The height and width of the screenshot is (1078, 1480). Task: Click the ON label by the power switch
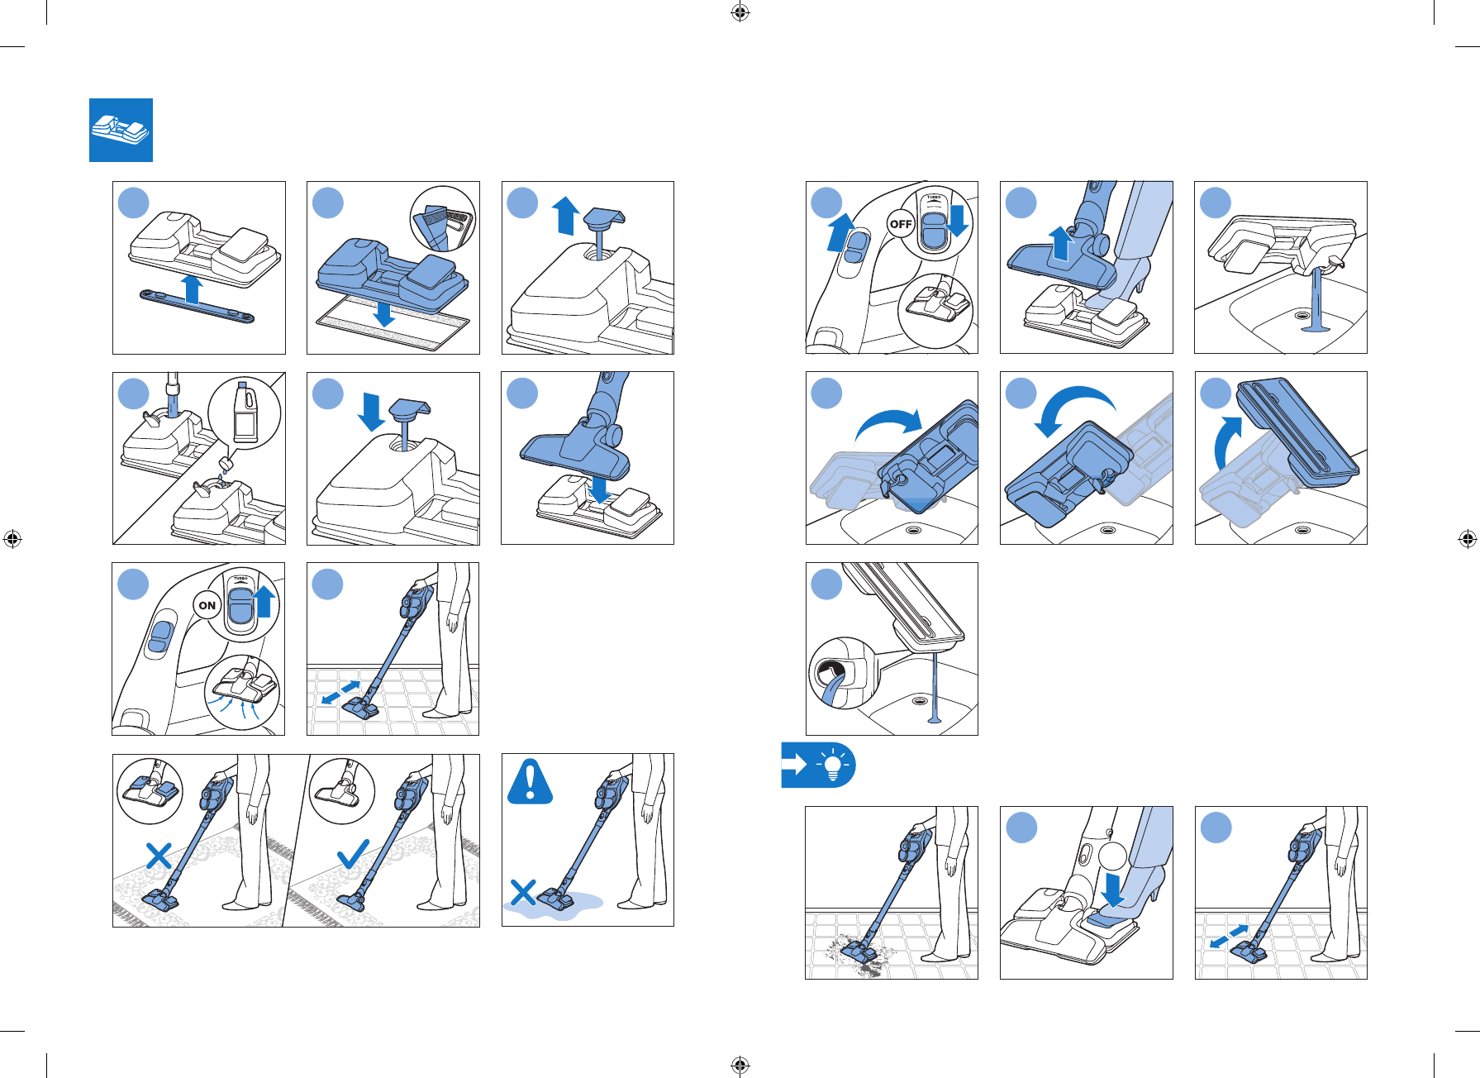(207, 605)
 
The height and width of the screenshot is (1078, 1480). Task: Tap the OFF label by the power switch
(900, 224)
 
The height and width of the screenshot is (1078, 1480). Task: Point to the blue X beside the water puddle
(524, 893)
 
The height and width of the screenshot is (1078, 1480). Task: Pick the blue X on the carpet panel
(159, 856)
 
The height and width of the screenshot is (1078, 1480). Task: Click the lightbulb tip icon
(834, 765)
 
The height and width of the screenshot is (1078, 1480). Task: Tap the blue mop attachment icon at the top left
(121, 130)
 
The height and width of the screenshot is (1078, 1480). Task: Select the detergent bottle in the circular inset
(245, 413)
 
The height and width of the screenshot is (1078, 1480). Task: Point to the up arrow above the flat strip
(193, 289)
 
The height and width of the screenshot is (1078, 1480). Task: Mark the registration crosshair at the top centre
(740, 12)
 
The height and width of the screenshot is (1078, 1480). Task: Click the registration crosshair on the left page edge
(12, 540)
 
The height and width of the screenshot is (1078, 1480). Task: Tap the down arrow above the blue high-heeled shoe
(1113, 889)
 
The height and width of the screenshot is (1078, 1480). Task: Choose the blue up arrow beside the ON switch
(264, 601)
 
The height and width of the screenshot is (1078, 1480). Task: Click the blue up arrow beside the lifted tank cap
(566, 215)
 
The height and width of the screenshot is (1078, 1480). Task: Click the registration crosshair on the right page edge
(1467, 540)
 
